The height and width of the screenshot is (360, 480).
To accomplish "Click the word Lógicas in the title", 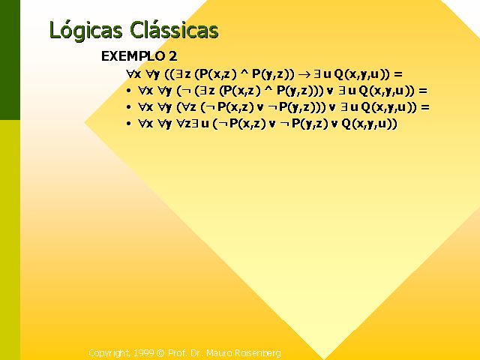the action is pyautogui.click(x=85, y=31).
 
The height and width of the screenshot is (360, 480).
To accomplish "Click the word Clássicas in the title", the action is pyautogui.click(x=174, y=30).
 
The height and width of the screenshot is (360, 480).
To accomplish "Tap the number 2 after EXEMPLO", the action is pyautogui.click(x=172, y=56).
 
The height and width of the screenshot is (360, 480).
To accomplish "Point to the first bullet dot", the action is pyautogui.click(x=128, y=91).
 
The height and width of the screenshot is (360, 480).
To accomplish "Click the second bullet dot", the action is pyautogui.click(x=128, y=107).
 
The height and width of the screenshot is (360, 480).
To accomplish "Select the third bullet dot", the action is pyautogui.click(x=128, y=124).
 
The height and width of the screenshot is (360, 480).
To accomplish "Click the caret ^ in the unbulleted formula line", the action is pyautogui.click(x=243, y=73).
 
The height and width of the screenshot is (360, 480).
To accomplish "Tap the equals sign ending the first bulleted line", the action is pyautogui.click(x=423, y=91).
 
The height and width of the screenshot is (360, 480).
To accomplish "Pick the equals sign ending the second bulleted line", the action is pyautogui.click(x=425, y=107).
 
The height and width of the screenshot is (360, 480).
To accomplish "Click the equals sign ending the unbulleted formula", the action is pyautogui.click(x=397, y=74).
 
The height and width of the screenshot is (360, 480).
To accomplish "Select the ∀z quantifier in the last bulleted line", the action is pyautogui.click(x=184, y=124).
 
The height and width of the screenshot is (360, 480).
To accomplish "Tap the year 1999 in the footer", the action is pyautogui.click(x=143, y=353).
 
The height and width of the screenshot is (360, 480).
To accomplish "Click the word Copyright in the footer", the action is pyautogui.click(x=109, y=353).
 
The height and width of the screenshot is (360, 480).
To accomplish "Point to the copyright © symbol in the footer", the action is pyautogui.click(x=160, y=353).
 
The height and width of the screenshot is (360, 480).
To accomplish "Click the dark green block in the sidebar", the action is pyautogui.click(x=10, y=60).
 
